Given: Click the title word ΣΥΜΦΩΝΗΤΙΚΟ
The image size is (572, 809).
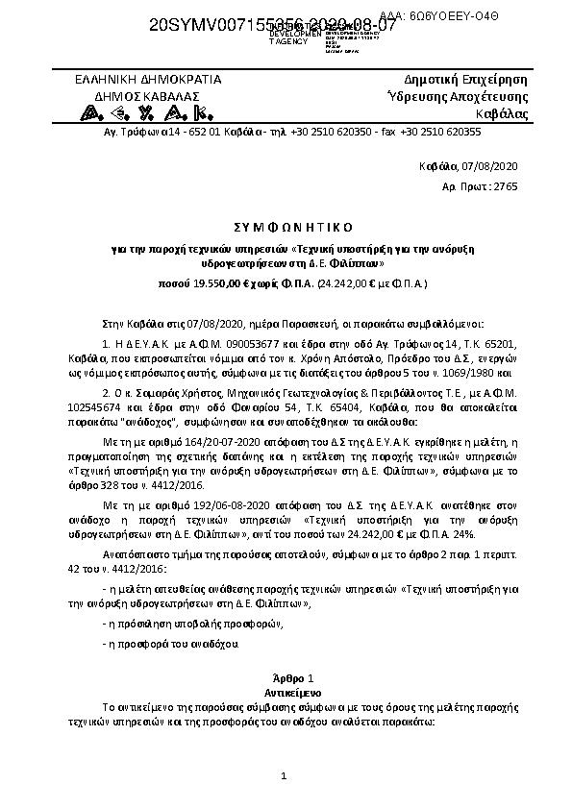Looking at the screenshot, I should pyautogui.click(x=285, y=226).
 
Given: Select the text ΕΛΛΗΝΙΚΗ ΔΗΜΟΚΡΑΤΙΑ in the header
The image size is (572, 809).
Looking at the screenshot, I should pyautogui.click(x=148, y=79).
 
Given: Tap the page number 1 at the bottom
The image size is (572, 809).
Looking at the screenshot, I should pyautogui.click(x=285, y=775).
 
